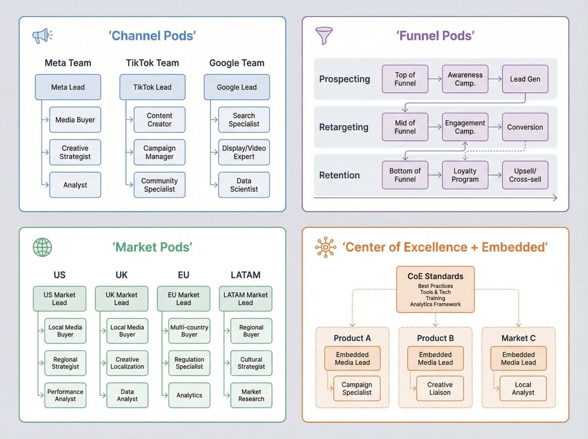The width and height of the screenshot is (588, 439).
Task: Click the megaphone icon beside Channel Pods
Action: (42, 36)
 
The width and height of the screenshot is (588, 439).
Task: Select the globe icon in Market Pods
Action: (42, 247)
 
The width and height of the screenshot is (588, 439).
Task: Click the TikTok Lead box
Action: (152, 87)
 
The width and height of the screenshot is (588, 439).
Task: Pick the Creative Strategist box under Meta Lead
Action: (75, 153)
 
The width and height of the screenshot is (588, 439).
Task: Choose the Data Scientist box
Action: (244, 185)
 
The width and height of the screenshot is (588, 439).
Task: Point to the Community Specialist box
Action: (160, 185)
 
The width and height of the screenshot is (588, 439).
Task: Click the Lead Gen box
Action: (525, 79)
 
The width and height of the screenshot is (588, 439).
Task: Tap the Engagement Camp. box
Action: (465, 127)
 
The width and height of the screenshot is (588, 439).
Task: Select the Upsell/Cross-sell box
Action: (525, 175)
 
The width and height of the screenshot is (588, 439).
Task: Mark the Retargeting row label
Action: (344, 127)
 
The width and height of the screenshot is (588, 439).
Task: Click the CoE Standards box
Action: (435, 289)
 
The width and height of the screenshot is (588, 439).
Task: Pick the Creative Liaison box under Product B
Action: (439, 389)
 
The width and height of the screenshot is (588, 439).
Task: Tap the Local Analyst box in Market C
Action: (523, 389)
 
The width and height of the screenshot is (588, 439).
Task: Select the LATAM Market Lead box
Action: (245, 299)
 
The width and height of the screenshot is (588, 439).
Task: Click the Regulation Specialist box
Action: (189, 362)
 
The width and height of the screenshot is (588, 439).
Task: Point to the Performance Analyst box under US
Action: (65, 395)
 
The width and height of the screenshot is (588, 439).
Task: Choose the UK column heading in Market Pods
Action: (121, 275)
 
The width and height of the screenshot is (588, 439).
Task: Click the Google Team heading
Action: (237, 63)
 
